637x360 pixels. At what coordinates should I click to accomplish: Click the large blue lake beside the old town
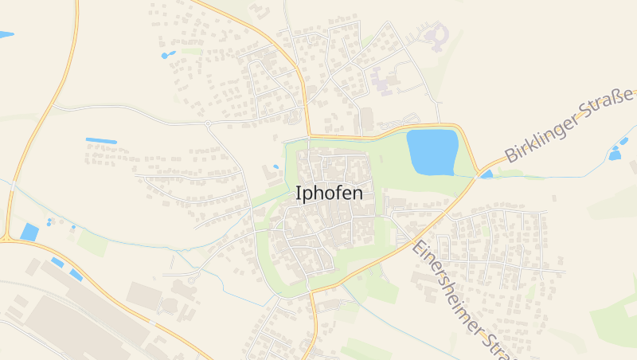point(432,151)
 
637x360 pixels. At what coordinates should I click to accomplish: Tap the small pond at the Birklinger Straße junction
point(486,174)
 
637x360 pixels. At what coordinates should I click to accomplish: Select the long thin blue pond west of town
point(101,141)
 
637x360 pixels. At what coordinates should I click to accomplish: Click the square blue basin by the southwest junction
point(29,232)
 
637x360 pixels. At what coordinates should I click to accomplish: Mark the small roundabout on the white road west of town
point(207,123)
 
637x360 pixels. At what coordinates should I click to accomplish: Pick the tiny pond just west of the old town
point(276,166)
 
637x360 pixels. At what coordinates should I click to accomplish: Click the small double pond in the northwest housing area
point(168,55)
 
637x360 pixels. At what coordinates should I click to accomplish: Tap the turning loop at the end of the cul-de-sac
point(192,281)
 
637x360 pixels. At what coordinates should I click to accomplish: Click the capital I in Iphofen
point(299,194)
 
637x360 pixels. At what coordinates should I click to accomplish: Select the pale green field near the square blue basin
point(93,244)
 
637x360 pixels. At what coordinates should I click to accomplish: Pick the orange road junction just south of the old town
point(311,292)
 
